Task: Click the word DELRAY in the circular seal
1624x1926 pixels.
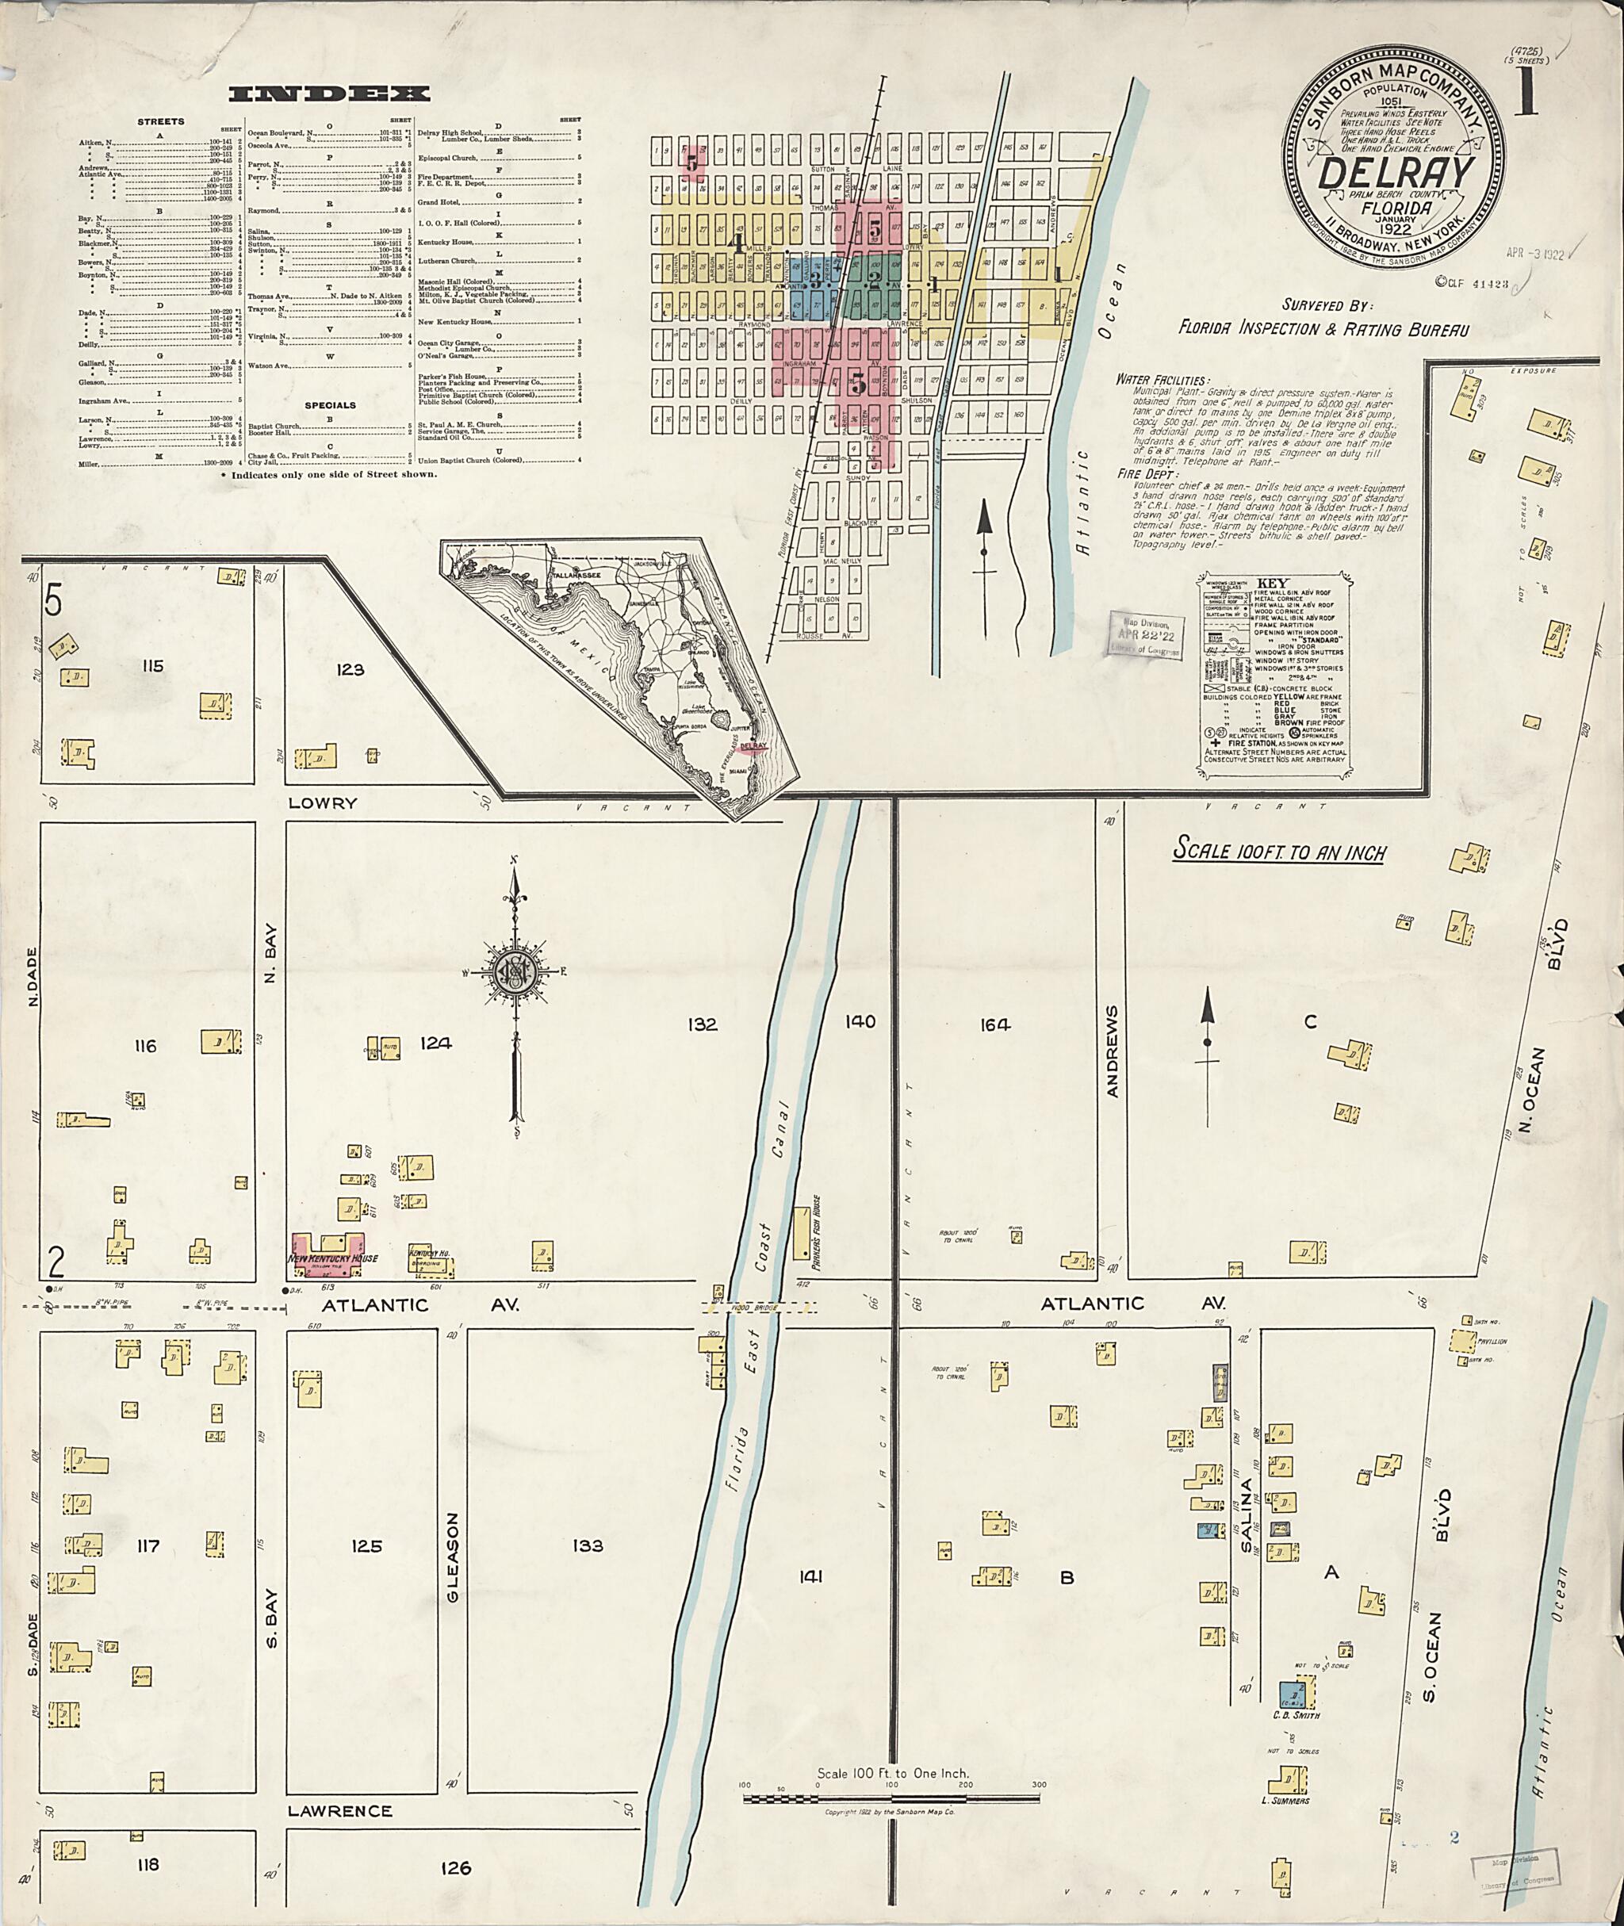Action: (x=1396, y=171)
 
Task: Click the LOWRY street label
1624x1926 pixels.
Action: (x=321, y=802)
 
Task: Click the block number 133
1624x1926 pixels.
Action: (x=587, y=1545)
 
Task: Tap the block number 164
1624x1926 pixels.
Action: (x=995, y=1024)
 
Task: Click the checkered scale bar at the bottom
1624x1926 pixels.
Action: (x=891, y=1797)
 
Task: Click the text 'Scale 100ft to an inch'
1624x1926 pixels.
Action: (x=1279, y=852)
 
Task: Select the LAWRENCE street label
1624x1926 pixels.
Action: (x=339, y=1810)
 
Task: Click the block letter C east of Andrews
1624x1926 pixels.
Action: (x=1310, y=1022)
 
